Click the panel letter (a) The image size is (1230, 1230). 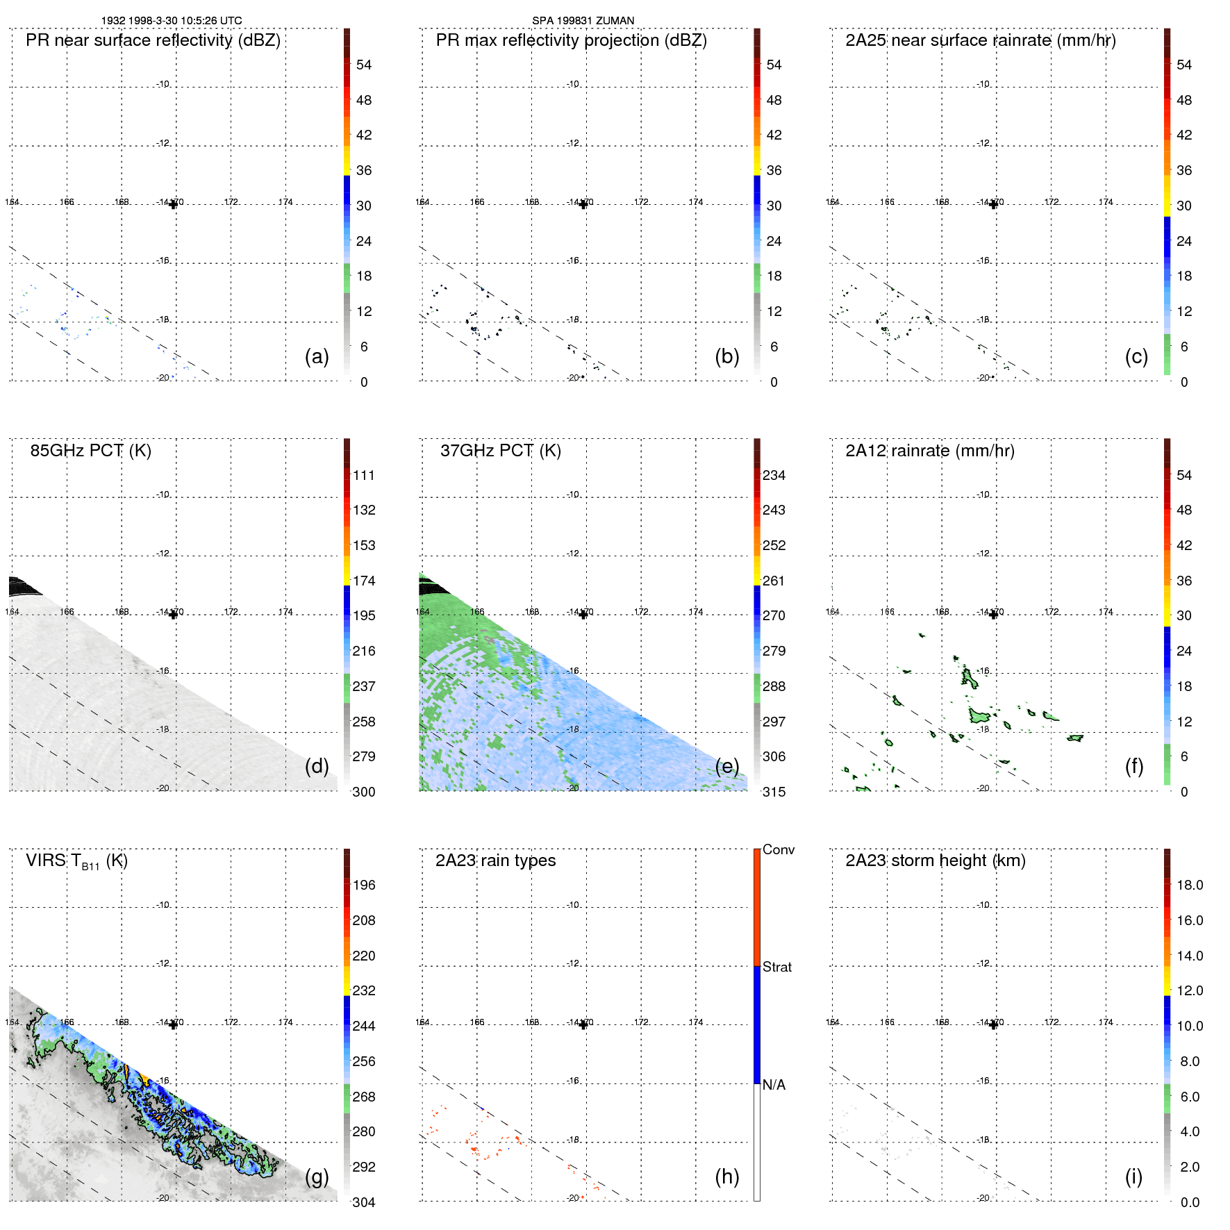[317, 356]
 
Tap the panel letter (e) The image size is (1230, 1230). [726, 766]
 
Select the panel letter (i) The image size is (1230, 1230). [1133, 1177]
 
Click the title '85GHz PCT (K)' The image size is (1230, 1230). [90, 450]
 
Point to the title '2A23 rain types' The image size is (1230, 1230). [495, 861]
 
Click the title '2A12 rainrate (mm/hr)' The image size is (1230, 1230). [929, 450]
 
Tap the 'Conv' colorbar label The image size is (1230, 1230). [778, 849]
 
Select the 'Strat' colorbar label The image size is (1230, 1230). [776, 967]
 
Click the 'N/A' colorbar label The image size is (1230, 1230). [774, 1085]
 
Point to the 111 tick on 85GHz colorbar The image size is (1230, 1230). [363, 475]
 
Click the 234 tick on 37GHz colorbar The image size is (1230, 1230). [774, 475]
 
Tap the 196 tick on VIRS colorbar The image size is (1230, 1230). [363, 885]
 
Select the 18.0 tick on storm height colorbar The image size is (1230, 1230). [1189, 885]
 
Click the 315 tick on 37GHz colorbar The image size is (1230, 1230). [774, 792]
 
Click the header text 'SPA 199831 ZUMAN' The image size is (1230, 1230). [583, 21]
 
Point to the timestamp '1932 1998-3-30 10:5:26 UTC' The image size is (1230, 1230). [172, 21]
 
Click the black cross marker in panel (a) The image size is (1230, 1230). [173, 204]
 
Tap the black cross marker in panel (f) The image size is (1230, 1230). [993, 615]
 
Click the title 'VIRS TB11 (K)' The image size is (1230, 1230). [76, 861]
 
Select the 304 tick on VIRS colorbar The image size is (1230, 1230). [363, 1202]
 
